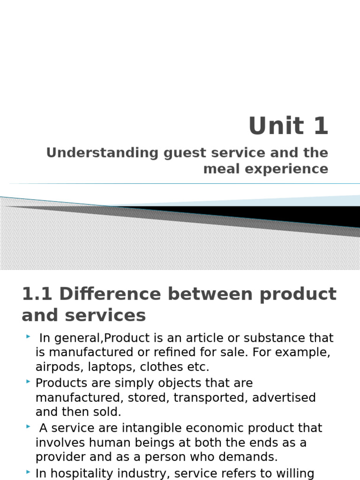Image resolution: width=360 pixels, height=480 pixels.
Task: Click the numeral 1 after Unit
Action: click(321, 126)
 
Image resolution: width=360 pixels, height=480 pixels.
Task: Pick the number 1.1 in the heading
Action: click(37, 294)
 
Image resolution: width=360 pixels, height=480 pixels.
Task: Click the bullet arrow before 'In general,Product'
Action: click(29, 337)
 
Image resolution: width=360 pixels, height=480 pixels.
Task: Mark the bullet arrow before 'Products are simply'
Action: click(29, 382)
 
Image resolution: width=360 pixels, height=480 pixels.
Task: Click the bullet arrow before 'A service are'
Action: click(29, 427)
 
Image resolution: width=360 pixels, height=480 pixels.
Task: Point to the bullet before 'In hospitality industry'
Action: click(29, 472)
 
